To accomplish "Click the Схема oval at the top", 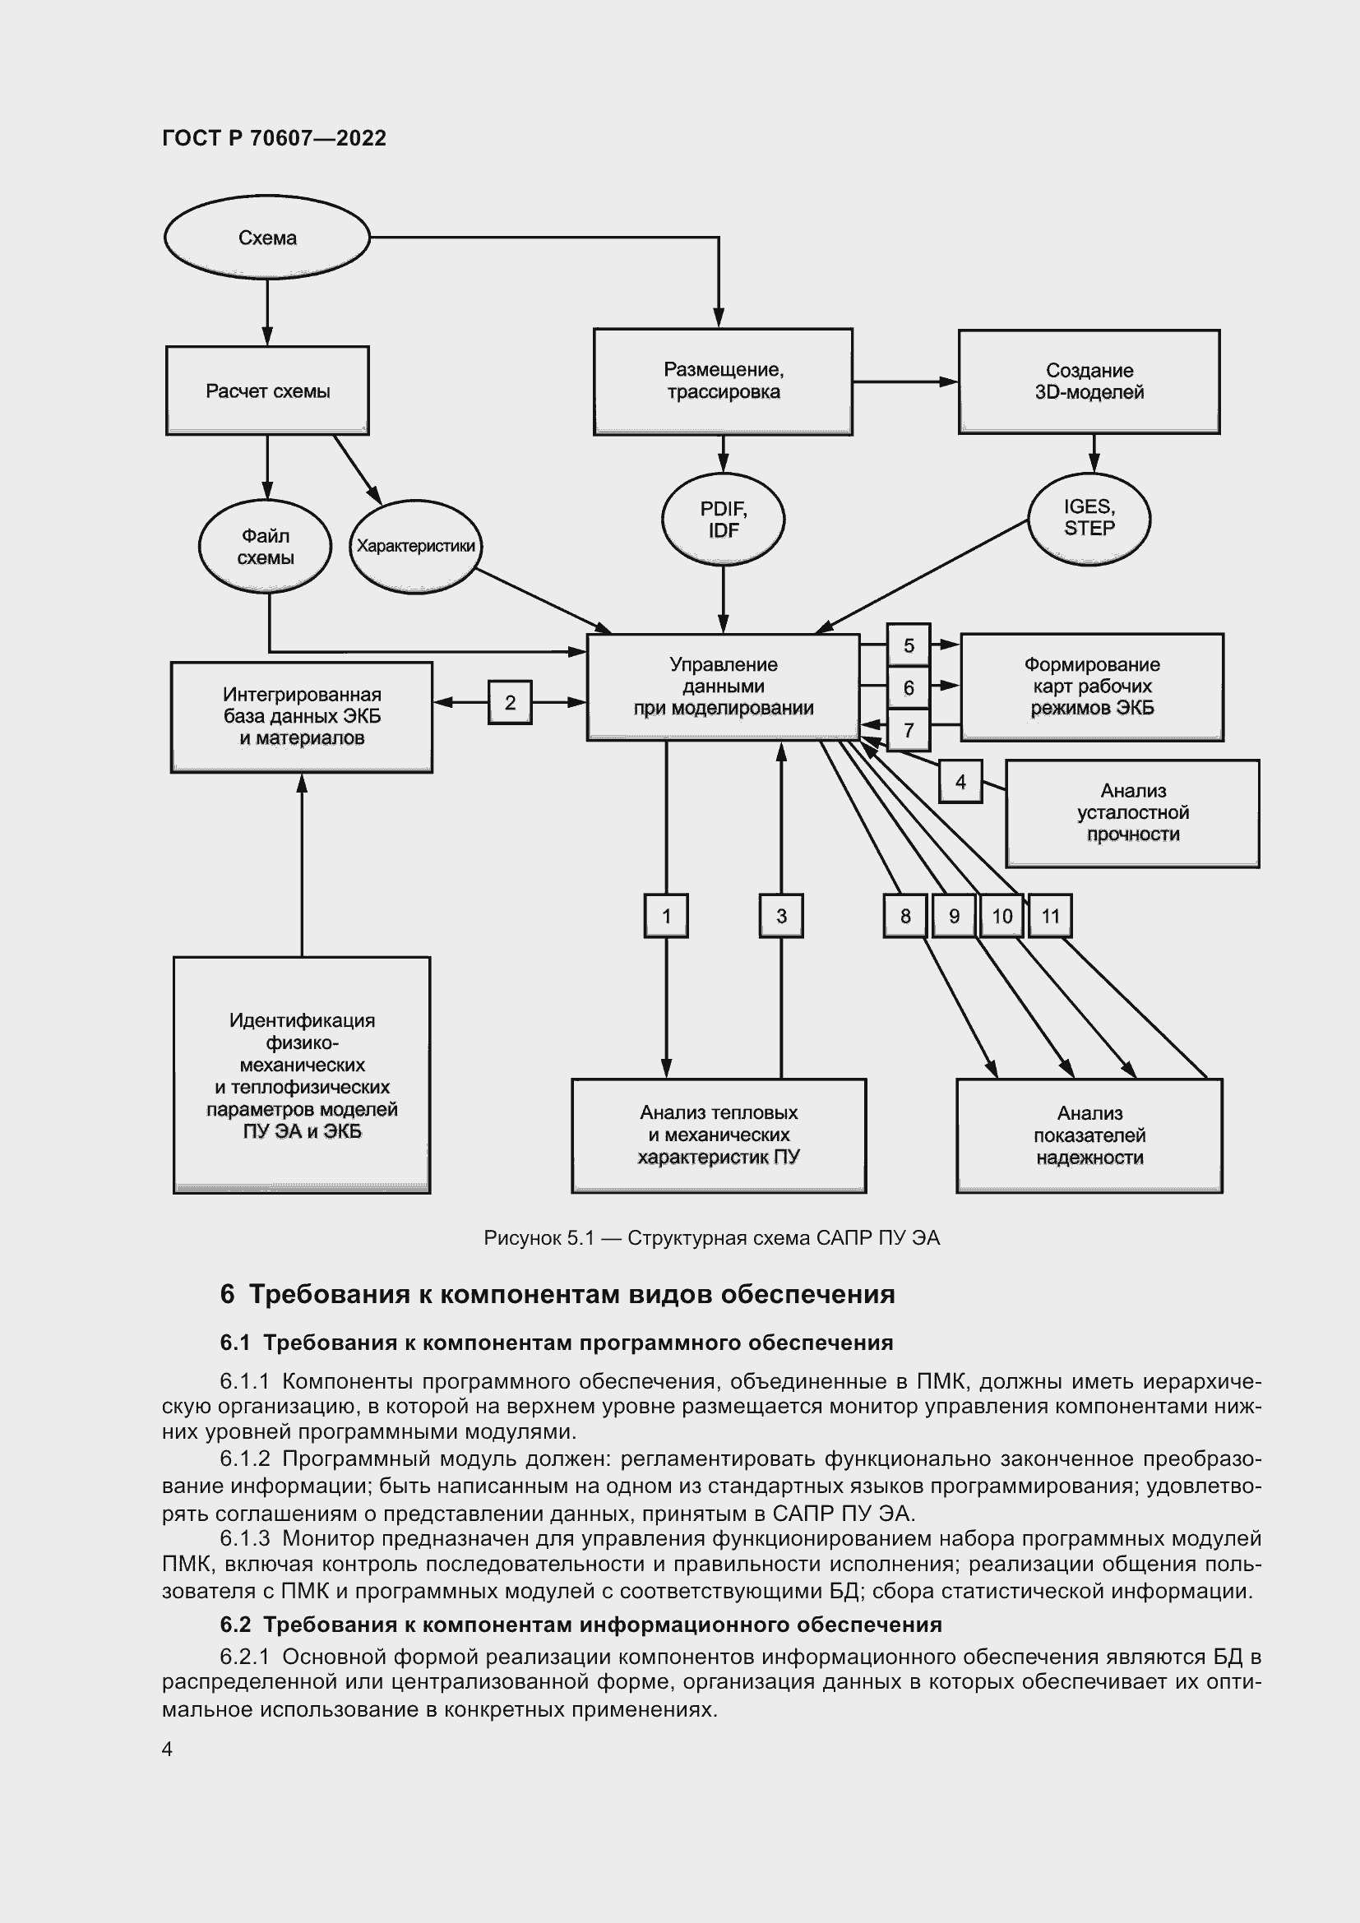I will [x=266, y=238].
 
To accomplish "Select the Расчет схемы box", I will [x=267, y=391].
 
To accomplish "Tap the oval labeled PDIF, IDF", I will [x=723, y=520].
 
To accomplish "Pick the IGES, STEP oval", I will [x=1089, y=518].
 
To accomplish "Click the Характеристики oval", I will [x=415, y=546].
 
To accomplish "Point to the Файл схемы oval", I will [x=265, y=547].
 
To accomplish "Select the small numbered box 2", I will [x=509, y=703].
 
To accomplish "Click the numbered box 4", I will [x=960, y=781].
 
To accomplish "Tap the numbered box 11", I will [x=1050, y=916].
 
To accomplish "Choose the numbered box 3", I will [x=780, y=916].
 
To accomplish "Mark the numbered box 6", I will [x=908, y=688].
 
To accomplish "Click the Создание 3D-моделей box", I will [x=1089, y=382].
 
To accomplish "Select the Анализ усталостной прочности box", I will [x=1132, y=813].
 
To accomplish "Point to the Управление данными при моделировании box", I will [x=723, y=686].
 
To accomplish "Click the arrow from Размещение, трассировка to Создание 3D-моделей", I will [x=904, y=382].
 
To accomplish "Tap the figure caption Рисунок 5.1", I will [x=711, y=1238].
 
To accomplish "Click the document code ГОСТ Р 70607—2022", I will [x=274, y=138].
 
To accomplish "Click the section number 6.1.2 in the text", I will [x=244, y=1459].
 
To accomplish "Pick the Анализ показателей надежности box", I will [x=1089, y=1135].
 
